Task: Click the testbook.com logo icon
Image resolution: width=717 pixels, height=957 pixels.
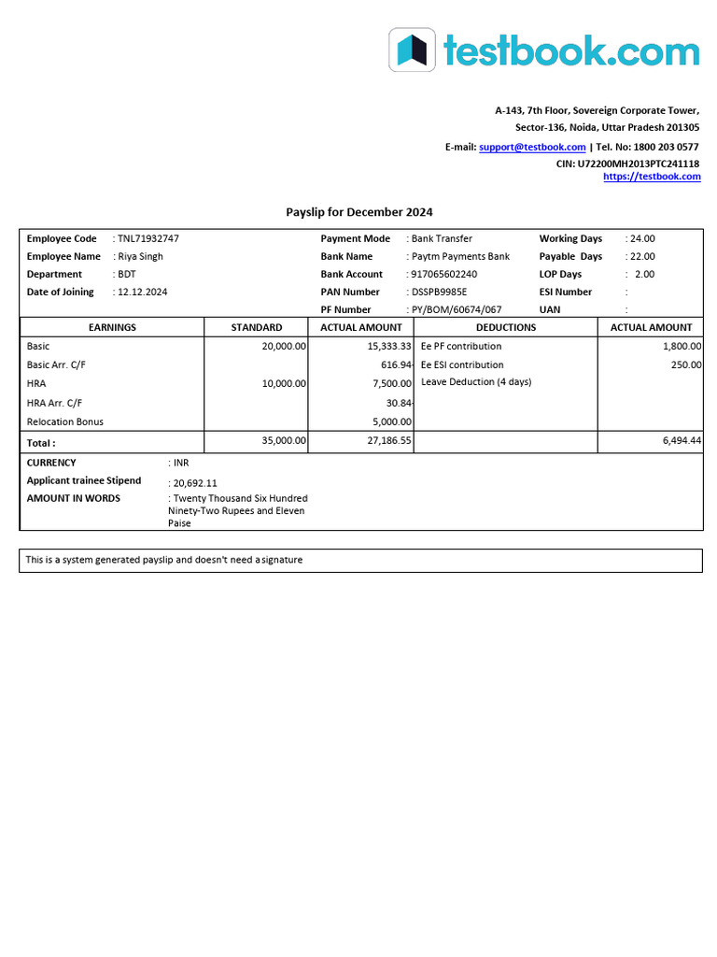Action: tap(412, 50)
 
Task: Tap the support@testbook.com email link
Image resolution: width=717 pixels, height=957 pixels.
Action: tap(532, 147)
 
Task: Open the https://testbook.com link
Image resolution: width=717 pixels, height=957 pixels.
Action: tap(652, 177)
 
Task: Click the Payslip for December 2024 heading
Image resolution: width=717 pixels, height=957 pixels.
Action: tap(358, 212)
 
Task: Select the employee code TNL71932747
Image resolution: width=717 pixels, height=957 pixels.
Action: tap(148, 238)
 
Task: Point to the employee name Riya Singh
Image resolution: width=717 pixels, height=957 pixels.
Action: tap(140, 256)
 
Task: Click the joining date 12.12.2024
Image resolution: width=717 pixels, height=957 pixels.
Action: tap(142, 292)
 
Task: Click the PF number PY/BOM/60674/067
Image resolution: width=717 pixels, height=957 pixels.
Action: tap(456, 309)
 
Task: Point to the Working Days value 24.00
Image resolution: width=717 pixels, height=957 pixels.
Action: tap(642, 238)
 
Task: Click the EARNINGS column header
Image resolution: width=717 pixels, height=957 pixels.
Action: tap(112, 327)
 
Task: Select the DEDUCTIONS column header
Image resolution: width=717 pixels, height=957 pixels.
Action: tap(506, 327)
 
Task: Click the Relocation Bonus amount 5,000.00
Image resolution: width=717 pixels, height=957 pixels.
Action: tap(390, 421)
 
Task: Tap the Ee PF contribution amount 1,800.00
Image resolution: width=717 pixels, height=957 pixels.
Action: tap(680, 346)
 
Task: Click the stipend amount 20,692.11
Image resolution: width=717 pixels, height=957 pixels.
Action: tap(194, 483)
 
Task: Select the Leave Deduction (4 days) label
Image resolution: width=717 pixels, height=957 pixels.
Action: tap(476, 382)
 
